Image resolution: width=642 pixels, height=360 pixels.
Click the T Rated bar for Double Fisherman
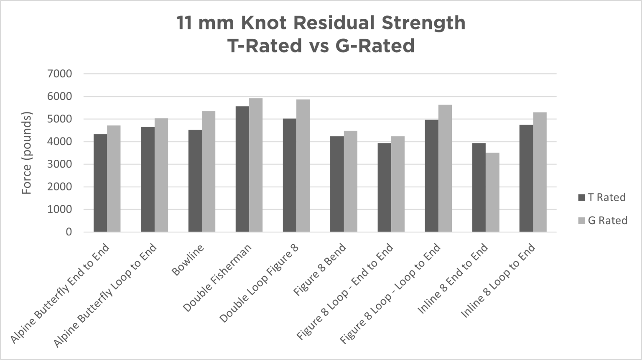click(x=242, y=169)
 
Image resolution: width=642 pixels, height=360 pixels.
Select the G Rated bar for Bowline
click(x=209, y=171)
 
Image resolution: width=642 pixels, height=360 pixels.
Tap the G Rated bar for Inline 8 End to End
click(x=492, y=192)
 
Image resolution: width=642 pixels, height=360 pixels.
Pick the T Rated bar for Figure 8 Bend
click(x=337, y=184)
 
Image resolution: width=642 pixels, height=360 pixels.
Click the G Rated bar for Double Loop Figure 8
click(x=303, y=166)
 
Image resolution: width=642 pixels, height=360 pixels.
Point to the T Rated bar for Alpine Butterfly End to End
click(x=100, y=183)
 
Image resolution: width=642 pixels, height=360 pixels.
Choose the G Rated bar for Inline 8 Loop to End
click(x=540, y=172)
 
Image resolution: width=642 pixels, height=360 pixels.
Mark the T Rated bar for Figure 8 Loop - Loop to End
click(x=432, y=176)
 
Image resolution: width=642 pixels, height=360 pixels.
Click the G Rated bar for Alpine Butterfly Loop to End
click(x=161, y=175)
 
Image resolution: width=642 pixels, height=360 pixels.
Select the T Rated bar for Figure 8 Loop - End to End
click(x=384, y=188)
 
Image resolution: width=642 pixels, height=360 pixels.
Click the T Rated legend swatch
click(x=581, y=197)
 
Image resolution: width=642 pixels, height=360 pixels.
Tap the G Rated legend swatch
click(x=581, y=220)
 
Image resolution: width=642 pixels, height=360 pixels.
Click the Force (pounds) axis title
click(x=27, y=153)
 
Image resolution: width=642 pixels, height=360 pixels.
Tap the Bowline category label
click(x=188, y=260)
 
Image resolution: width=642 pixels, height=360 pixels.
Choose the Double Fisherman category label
click(x=217, y=278)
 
